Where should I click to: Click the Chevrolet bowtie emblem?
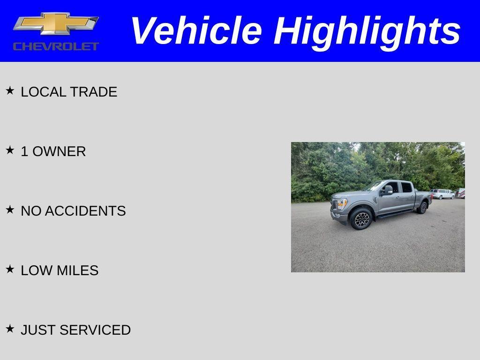[x=56, y=24]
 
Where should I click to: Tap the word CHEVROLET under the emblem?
[x=56, y=46]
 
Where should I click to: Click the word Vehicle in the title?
[x=195, y=31]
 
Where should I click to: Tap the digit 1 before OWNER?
[x=24, y=151]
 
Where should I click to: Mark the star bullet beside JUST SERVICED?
[x=10, y=329]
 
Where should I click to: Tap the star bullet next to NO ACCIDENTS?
[x=10, y=210]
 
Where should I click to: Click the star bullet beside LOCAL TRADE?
[x=10, y=90]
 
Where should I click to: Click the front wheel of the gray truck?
[x=361, y=219]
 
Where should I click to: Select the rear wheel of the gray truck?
[x=422, y=207]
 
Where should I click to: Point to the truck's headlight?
[x=341, y=203]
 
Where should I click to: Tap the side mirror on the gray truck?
[x=388, y=190]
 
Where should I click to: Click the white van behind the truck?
[x=442, y=194]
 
